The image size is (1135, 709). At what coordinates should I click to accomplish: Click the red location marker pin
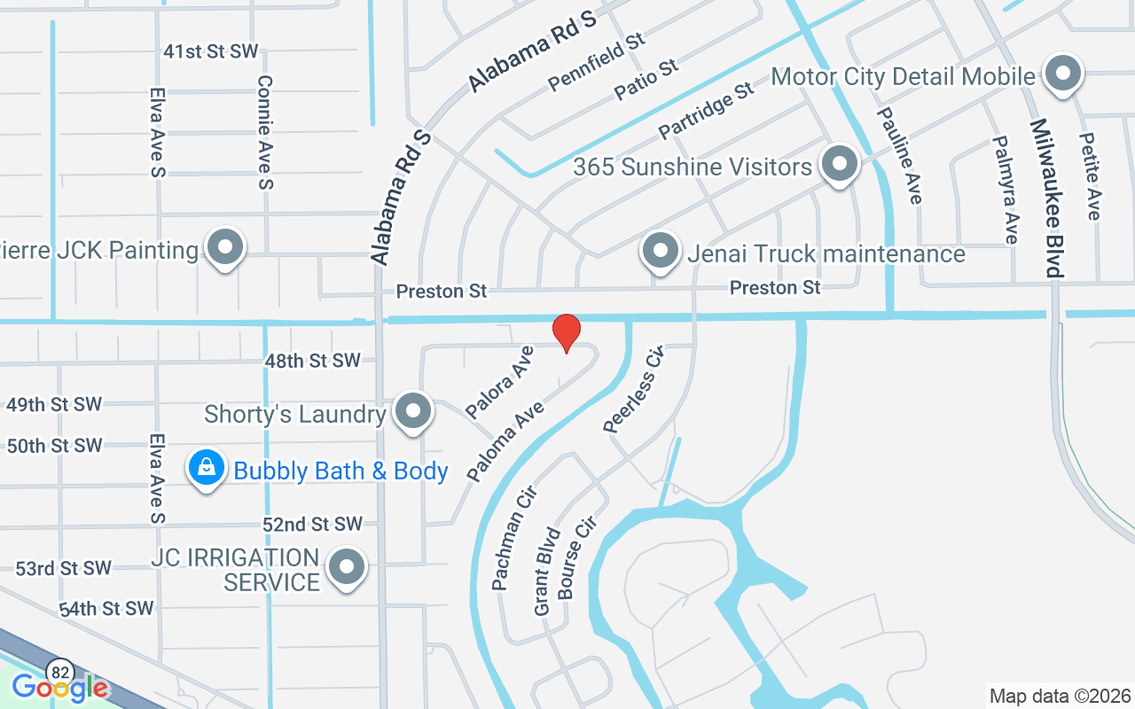coord(567,332)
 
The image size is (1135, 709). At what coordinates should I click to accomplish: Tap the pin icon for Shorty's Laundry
coord(412,412)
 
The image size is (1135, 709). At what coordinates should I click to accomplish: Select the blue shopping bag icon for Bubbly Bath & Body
coord(207,467)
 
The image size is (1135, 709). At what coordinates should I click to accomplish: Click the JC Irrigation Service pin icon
coord(347,567)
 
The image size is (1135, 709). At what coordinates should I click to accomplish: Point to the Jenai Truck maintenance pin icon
coord(660,252)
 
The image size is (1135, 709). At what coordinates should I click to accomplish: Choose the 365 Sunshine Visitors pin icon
coord(838,164)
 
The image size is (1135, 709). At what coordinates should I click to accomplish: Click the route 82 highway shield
coord(60,670)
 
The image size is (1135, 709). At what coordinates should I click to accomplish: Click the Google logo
coord(59,687)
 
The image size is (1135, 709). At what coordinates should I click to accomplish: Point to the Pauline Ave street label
coord(901,156)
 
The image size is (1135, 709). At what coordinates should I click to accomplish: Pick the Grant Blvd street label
coord(547,572)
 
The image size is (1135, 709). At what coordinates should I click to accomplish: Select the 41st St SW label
coord(210,51)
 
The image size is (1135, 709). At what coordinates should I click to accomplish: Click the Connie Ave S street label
coord(264,132)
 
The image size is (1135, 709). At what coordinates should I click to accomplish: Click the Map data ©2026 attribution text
coord(1061,696)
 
